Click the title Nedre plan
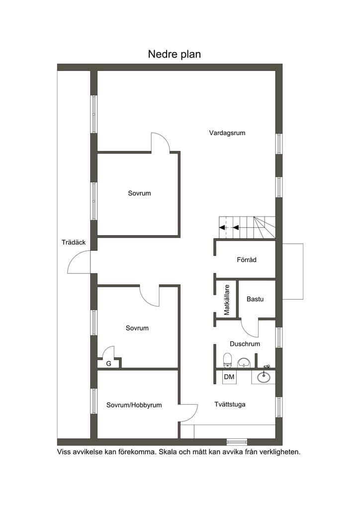click(175, 54)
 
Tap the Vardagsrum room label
click(227, 133)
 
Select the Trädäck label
click(74, 242)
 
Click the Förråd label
click(247, 259)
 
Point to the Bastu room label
click(255, 299)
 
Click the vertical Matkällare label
click(227, 300)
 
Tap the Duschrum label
click(245, 344)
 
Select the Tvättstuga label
click(230, 404)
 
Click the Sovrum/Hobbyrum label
click(134, 405)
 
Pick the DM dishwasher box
click(229, 377)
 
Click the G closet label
click(109, 363)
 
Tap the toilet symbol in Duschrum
click(228, 360)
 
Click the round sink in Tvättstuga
click(263, 377)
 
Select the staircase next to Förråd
click(247, 228)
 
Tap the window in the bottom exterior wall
click(237, 441)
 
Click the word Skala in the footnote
click(167, 451)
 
